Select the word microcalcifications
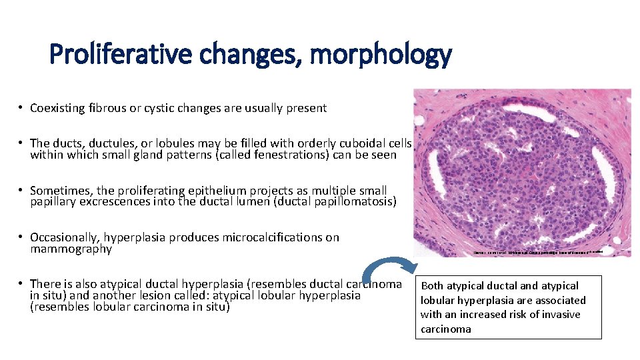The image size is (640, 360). (x=281, y=237)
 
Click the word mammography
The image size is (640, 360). (x=71, y=249)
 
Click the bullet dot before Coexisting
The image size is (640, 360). (x=21, y=108)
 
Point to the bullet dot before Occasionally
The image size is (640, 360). (x=21, y=237)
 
